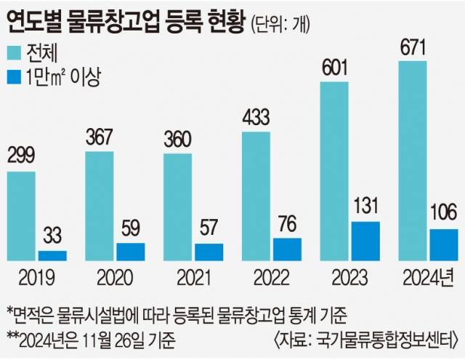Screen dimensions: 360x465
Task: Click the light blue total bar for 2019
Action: (22, 216)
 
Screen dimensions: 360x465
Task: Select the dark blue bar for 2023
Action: (365, 241)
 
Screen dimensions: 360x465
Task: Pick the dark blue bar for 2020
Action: (130, 252)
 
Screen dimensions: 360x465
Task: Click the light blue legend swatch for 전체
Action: (16, 52)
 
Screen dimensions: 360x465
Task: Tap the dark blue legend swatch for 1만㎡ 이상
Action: (16, 75)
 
